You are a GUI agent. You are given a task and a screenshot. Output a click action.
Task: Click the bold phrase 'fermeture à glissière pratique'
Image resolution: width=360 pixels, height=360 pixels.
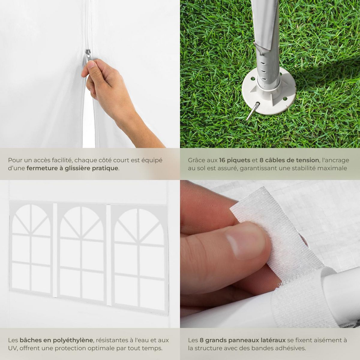tap(72, 168)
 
